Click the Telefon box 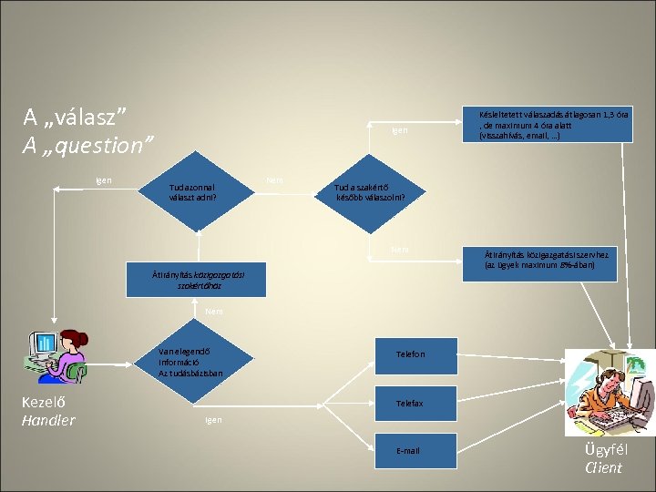tap(422, 354)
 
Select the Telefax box tap(422, 403)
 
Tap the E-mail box tap(422, 451)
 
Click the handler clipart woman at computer tap(57, 354)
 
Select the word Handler tap(48, 420)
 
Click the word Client tap(603, 467)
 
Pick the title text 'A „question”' tap(88, 145)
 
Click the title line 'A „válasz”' tap(74, 118)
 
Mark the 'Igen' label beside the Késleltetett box tap(400, 131)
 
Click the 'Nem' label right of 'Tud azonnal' tap(274, 180)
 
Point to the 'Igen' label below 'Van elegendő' tap(213, 419)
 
